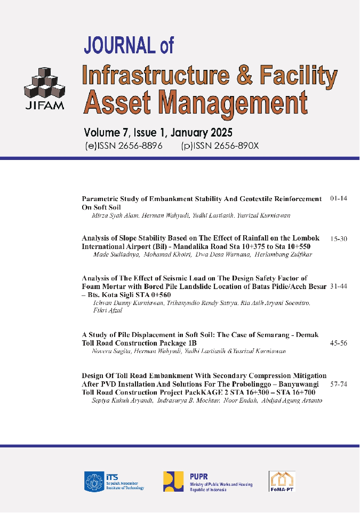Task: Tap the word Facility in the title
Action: [298, 75]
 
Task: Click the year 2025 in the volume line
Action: [218, 132]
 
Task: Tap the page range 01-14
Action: [339, 199]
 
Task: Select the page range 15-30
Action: [339, 239]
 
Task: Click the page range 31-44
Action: [339, 286]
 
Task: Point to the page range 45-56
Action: [339, 343]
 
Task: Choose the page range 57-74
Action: [339, 383]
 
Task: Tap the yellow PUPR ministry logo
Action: [174, 482]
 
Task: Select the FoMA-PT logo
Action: [282, 481]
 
